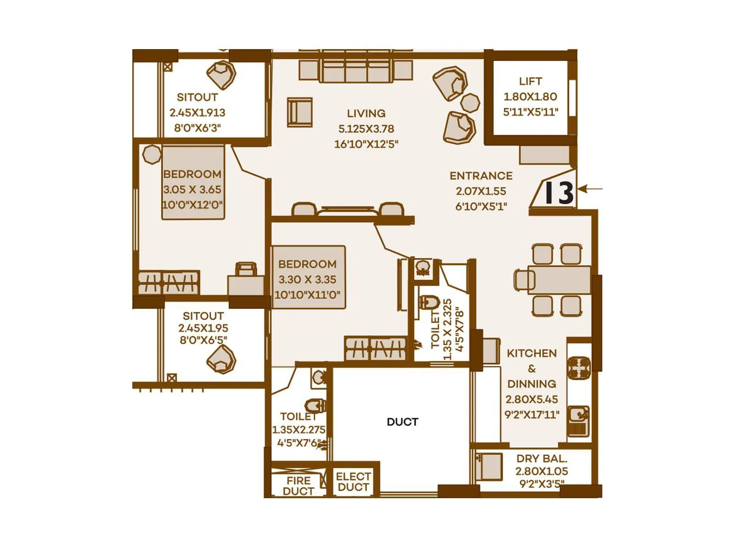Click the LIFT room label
(530, 81)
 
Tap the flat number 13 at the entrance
(559, 193)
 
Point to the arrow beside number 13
(590, 189)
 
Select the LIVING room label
(366, 113)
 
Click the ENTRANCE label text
(481, 176)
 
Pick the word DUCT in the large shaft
(402, 422)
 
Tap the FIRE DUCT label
(298, 486)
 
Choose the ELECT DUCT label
(354, 481)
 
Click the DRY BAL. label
(542, 459)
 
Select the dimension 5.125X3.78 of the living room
(366, 129)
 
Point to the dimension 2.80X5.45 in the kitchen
(532, 399)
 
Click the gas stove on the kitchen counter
(579, 369)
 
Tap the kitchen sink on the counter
(579, 421)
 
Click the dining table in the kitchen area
(559, 280)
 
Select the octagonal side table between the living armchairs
(470, 103)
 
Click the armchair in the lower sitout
(221, 360)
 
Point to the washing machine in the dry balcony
(489, 467)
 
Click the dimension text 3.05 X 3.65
(192, 190)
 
